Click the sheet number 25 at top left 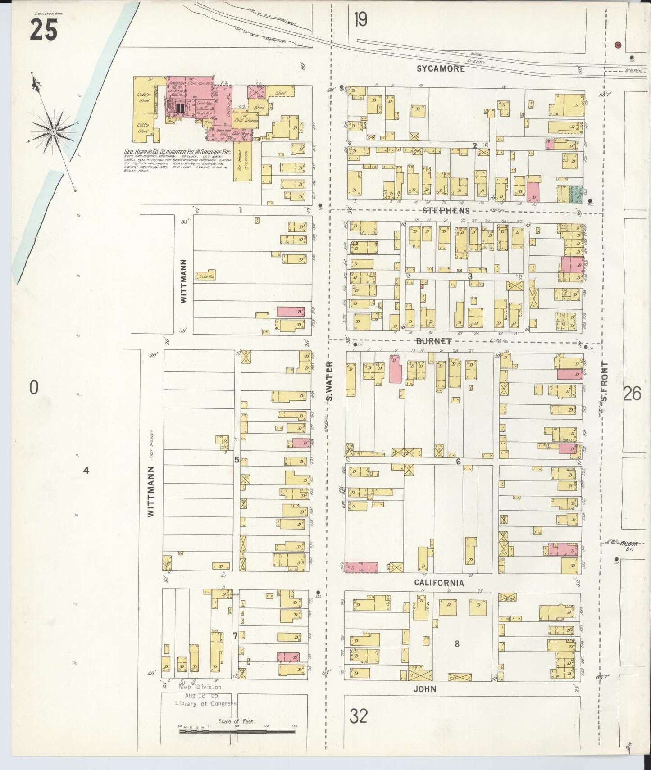[x=44, y=31]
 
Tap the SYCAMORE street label [x=441, y=69]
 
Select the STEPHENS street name [x=446, y=211]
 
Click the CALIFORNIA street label [x=439, y=583]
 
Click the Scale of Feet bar [x=237, y=732]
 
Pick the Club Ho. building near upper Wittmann [x=205, y=276]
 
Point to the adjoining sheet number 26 [x=632, y=394]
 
